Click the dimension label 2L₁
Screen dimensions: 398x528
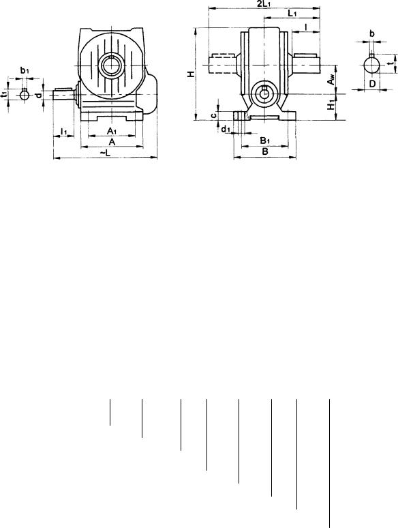[264, 3]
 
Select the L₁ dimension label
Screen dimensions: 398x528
[292, 13]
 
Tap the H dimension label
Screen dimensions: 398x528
[191, 74]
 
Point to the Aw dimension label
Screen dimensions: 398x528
[331, 81]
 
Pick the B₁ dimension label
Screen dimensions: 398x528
[265, 140]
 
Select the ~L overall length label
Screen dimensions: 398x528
[105, 153]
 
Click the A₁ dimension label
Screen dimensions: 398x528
[112, 131]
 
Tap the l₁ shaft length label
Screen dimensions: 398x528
[64, 131]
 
